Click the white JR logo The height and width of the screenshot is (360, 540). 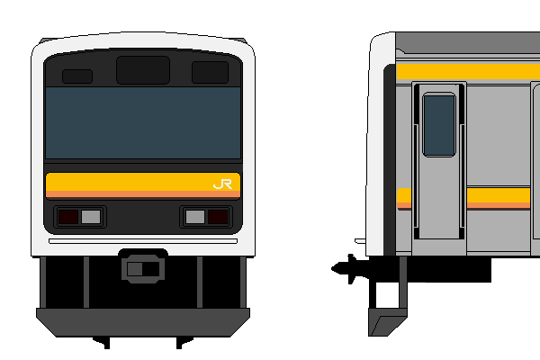[x=223, y=184]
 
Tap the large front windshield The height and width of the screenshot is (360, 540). [x=143, y=122]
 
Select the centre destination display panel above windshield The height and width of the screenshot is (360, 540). [x=143, y=70]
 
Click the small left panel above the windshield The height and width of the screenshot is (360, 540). [x=77, y=76]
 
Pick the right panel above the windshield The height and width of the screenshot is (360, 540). [x=210, y=72]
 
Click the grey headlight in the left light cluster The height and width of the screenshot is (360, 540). [x=91, y=217]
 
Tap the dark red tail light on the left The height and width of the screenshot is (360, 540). [x=68, y=217]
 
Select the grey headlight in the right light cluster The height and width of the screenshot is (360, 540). [x=195, y=217]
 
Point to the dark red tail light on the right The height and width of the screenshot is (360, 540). [x=218, y=217]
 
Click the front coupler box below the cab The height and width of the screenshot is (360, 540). [x=143, y=269]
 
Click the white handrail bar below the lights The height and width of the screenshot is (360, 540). [x=143, y=241]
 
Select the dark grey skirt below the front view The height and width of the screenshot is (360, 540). [x=143, y=322]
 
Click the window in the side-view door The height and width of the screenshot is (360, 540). [x=439, y=125]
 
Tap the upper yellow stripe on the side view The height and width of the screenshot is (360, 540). [x=468, y=72]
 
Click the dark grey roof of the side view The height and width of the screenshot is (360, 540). [x=468, y=42]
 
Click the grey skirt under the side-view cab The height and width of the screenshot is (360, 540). [x=387, y=322]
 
